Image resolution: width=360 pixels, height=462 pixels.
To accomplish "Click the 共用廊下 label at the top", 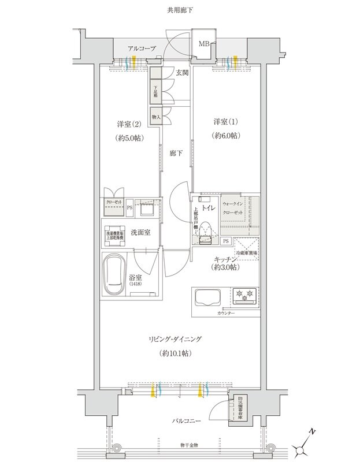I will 180,10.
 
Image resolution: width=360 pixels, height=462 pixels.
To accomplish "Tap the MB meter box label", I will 205,44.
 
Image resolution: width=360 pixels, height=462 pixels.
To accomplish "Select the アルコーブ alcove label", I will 142,49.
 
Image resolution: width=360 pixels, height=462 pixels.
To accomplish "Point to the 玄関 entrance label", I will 182,73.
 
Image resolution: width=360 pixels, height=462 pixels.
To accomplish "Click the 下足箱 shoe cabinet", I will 156,91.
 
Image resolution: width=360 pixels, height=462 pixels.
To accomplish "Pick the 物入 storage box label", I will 156,117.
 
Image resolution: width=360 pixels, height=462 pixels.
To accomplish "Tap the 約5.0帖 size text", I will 130,139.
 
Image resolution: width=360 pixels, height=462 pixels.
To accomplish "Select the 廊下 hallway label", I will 177,154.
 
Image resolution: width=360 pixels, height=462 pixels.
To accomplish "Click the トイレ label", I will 209,205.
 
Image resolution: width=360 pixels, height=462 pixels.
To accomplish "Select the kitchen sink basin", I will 211,297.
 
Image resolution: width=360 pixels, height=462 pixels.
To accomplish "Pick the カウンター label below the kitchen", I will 227,312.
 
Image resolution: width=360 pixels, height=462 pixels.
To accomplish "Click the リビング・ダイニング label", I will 180,339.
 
